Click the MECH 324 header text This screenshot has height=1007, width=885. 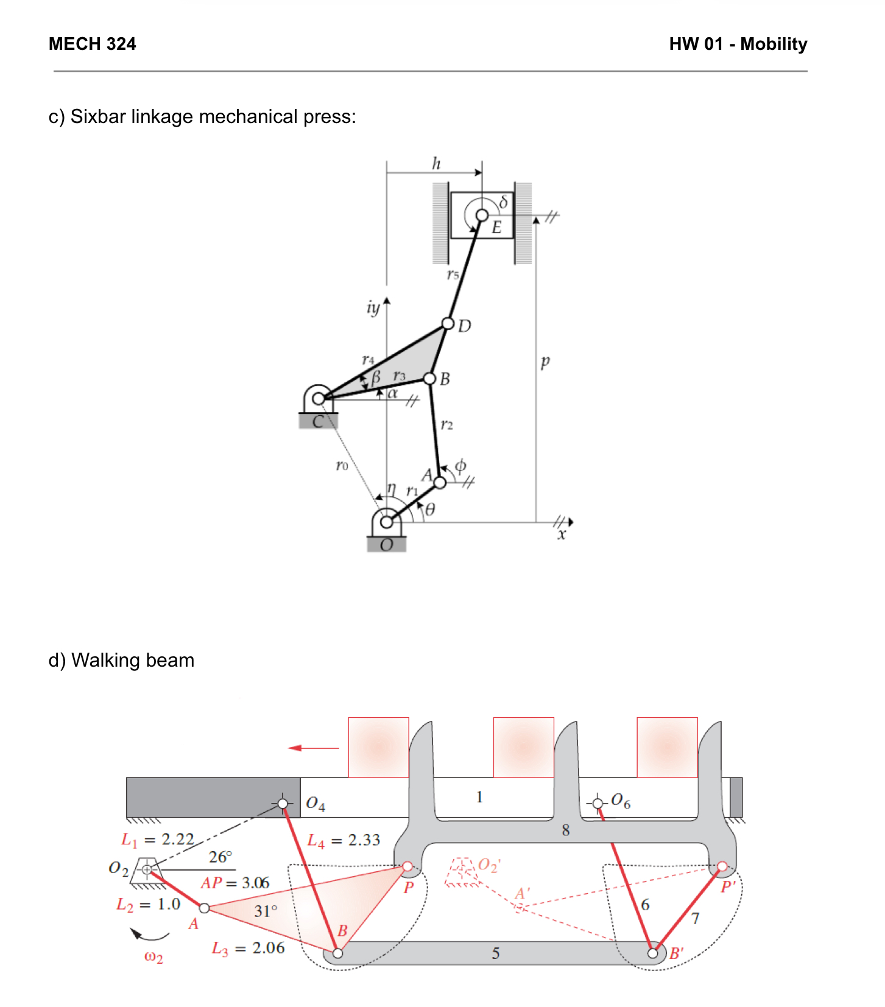[92, 44]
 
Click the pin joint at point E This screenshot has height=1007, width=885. [482, 215]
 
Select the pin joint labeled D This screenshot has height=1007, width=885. [448, 323]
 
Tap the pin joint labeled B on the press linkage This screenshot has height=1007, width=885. [430, 379]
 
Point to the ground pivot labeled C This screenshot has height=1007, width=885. [318, 399]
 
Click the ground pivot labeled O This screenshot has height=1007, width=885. [386, 522]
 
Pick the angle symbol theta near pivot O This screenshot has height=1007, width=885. [430, 510]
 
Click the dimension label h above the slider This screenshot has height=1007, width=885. [435, 163]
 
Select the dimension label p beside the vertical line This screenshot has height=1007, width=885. [545, 362]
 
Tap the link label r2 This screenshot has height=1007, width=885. [446, 424]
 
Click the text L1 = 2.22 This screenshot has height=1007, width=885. [158, 840]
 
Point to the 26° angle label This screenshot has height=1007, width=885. [220, 857]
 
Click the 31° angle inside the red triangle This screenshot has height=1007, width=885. [266, 911]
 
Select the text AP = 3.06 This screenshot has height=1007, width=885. [235, 883]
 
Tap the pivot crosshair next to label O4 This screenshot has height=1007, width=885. [283, 804]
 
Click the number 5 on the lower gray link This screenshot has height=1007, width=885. [496, 953]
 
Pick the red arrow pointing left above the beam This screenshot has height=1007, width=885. [313, 748]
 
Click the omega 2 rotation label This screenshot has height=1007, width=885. [153, 956]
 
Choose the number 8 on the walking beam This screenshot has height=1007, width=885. [566, 830]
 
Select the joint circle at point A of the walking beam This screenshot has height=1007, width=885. [205, 908]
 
